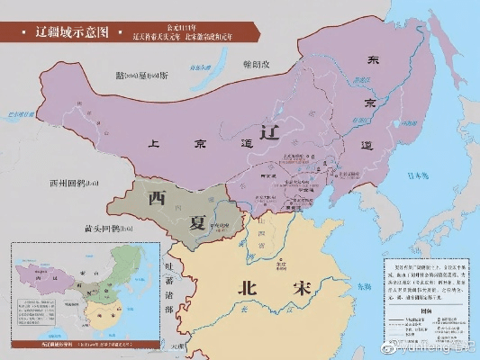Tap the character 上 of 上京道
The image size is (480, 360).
click(154, 141)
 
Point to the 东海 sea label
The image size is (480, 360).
click(361, 285)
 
